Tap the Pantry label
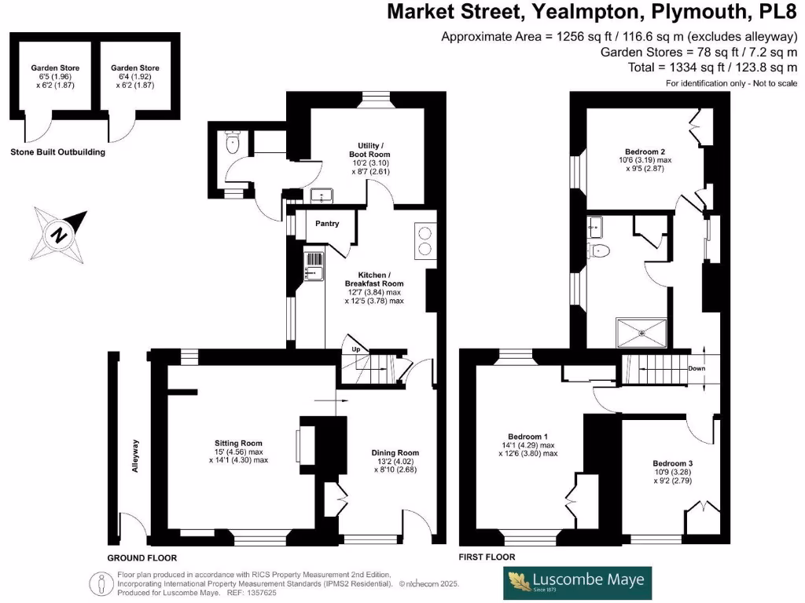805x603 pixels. (327, 224)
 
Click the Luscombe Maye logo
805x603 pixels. (577, 582)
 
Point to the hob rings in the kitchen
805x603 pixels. (425, 240)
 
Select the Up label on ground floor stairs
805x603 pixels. (355, 349)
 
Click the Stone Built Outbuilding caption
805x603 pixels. (58, 152)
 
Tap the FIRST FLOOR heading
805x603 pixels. (487, 557)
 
